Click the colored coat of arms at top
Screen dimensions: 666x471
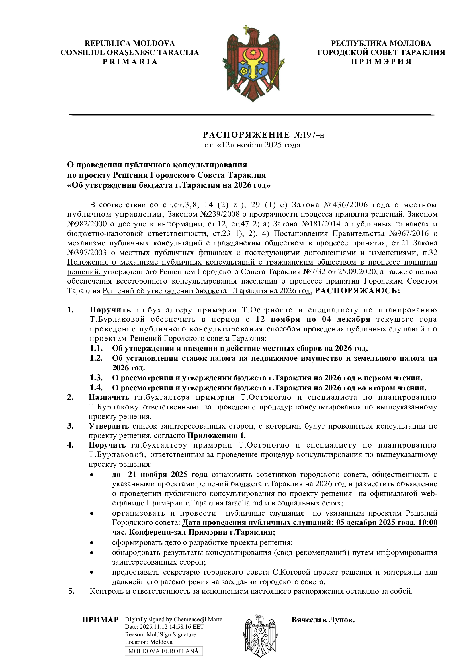(253, 64)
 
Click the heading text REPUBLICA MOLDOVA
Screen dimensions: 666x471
(130, 43)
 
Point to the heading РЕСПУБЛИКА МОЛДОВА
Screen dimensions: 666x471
(381, 43)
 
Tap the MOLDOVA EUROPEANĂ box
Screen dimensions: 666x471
(163, 651)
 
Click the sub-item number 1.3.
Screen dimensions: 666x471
(96, 378)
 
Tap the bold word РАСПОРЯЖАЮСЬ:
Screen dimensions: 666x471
(357, 291)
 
